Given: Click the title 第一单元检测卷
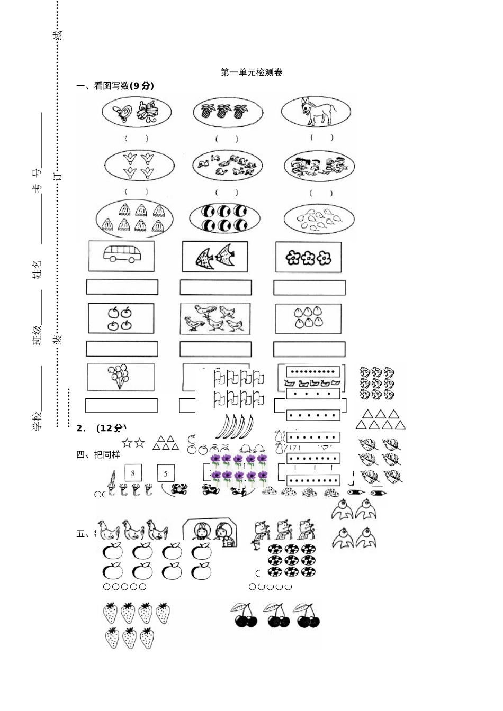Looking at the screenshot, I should point(251,72).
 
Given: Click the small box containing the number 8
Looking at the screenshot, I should point(133,472).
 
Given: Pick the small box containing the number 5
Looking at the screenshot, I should point(166,472).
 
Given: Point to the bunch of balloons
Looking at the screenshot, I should point(119,376).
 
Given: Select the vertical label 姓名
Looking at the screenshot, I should point(38,269).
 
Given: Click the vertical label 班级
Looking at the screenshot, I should point(38,335).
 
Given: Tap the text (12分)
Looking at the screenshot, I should point(111,428).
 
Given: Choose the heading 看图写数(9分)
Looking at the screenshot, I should point(124,86).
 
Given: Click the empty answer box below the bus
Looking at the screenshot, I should point(122,287).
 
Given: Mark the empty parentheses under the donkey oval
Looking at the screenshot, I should point(322,138).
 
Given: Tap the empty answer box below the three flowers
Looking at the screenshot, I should point(309,288).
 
